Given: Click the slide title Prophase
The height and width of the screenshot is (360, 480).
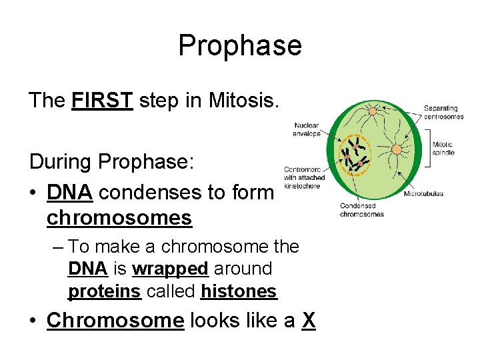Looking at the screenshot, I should (x=240, y=45).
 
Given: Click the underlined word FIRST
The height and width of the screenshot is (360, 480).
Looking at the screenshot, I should (x=102, y=101).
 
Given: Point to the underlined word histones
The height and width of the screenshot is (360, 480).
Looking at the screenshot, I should (x=239, y=291).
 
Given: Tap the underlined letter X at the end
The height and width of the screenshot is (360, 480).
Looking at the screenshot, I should (x=308, y=321).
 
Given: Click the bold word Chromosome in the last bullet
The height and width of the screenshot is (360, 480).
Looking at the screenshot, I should (x=115, y=321).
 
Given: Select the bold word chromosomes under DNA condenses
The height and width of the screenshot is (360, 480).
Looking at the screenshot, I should (x=119, y=218).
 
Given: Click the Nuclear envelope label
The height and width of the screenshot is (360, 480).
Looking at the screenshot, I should (x=306, y=129).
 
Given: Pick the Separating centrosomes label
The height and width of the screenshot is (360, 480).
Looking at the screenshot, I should (x=443, y=112).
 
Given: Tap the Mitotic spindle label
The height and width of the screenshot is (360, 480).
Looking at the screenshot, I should (x=443, y=148).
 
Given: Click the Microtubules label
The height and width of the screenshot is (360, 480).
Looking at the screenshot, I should (x=424, y=194).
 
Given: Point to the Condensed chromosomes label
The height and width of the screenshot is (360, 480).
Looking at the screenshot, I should (x=362, y=210).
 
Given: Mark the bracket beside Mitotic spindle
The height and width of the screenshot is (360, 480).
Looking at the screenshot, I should (x=428, y=148).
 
